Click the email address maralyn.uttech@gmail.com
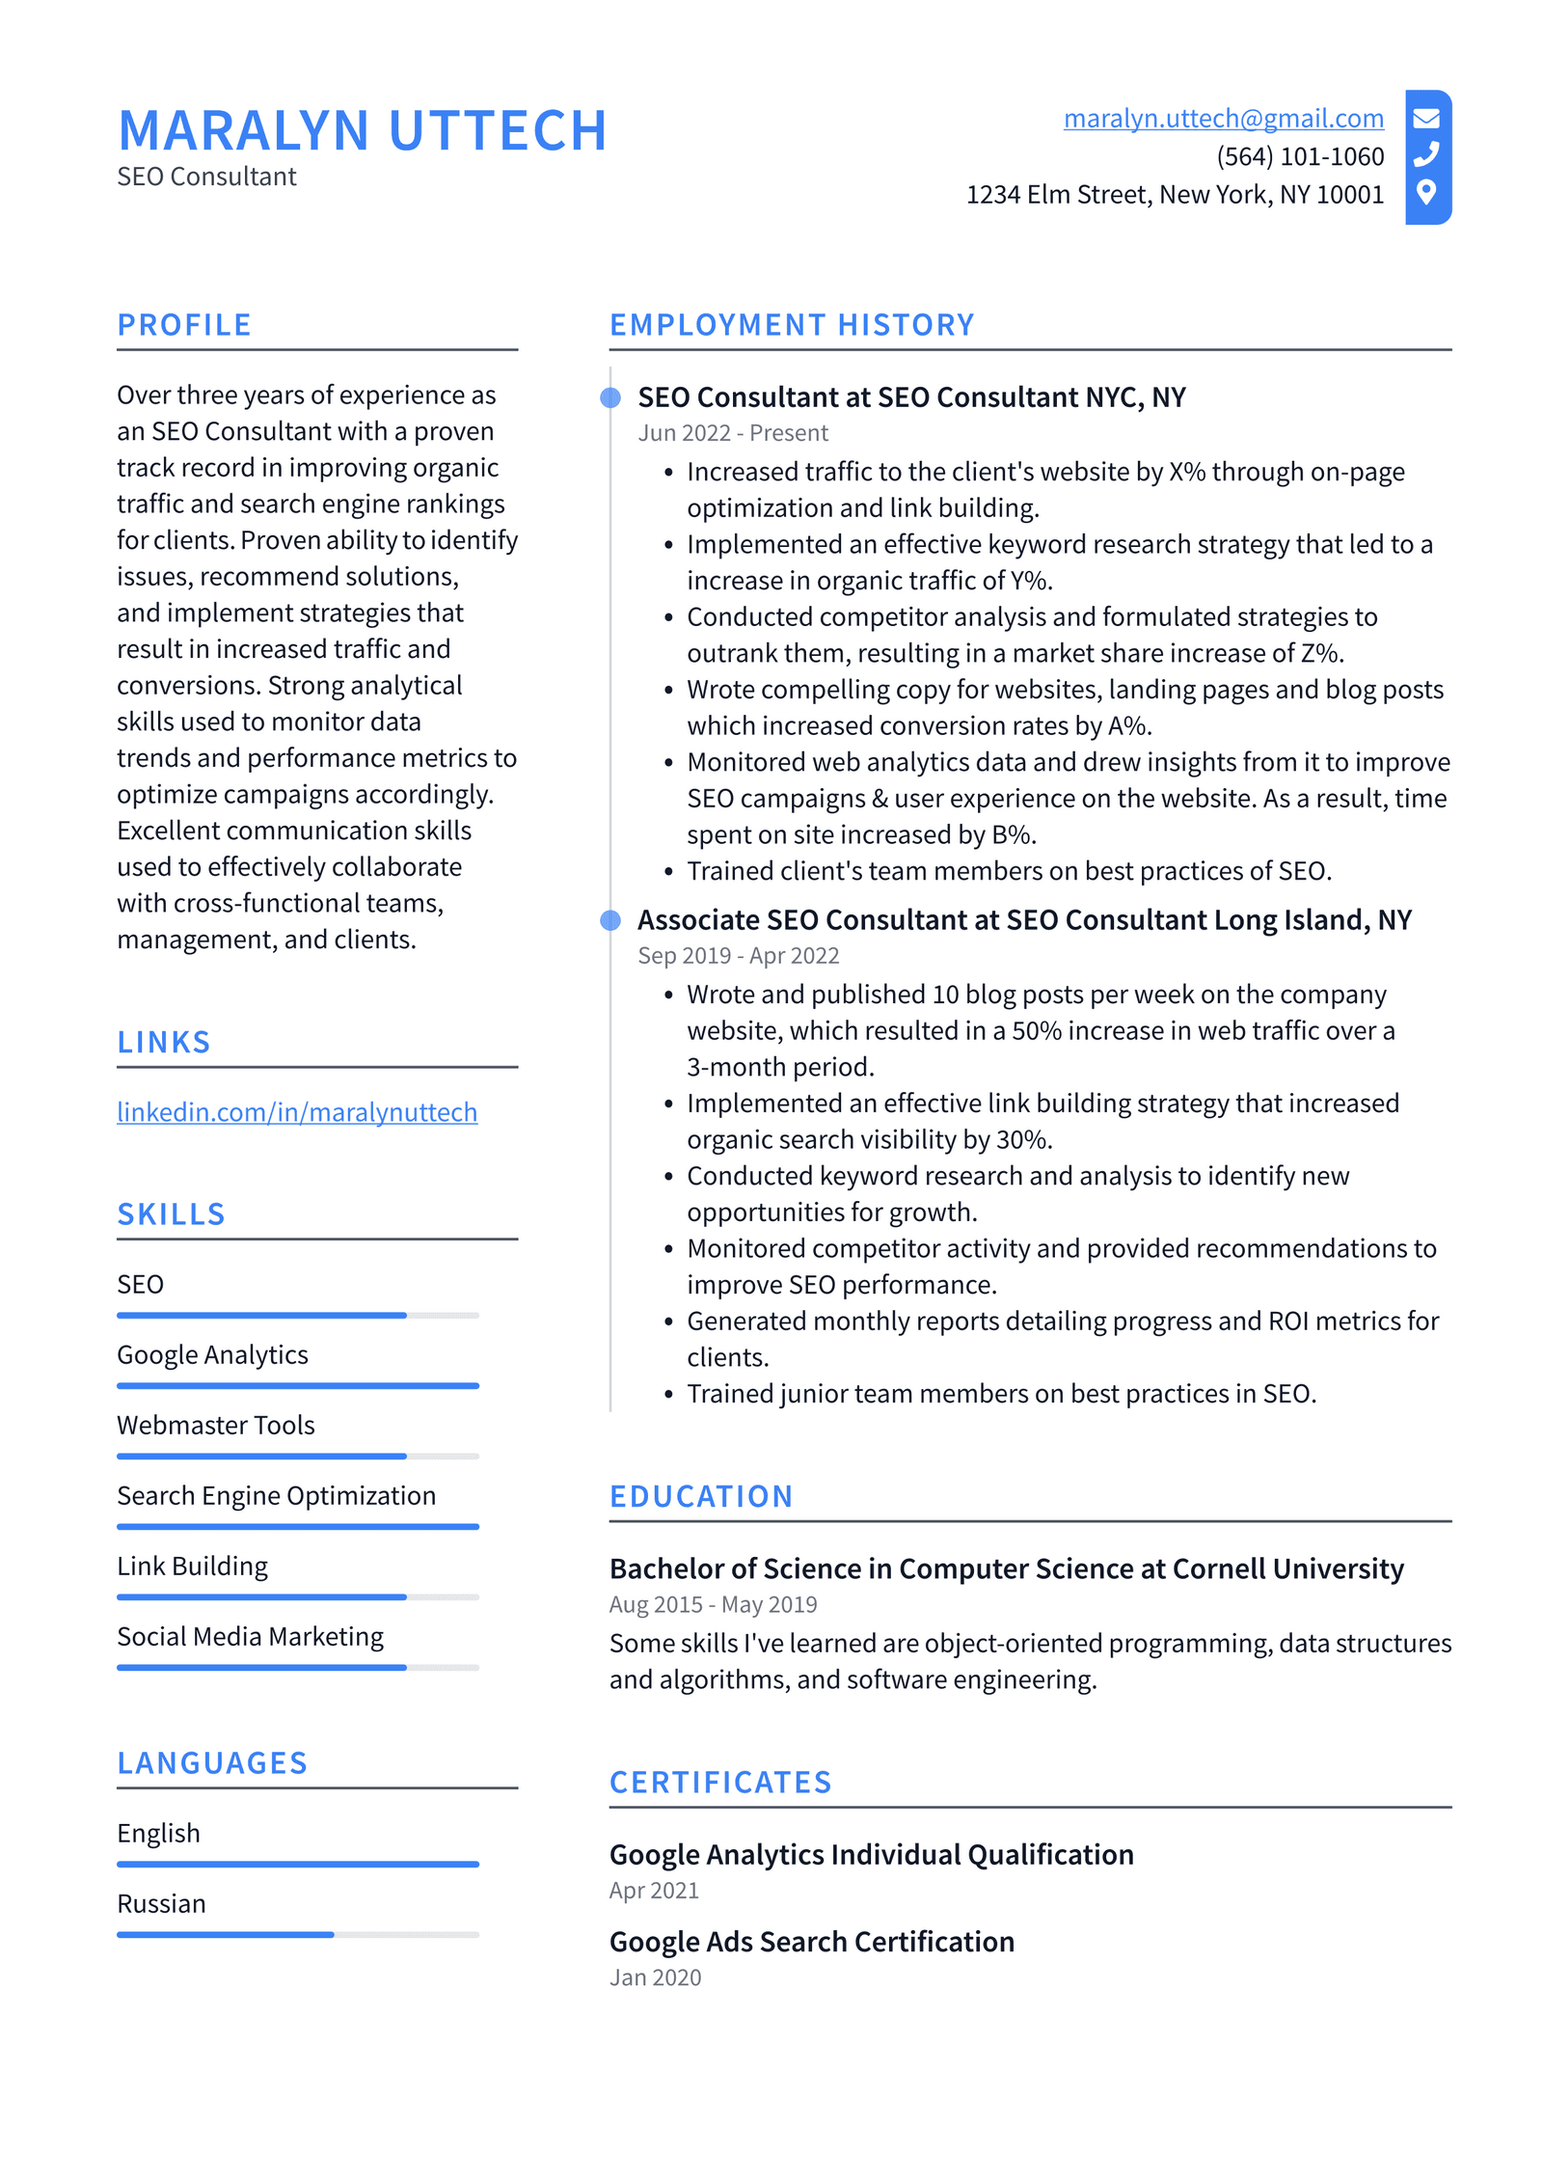click(x=1222, y=118)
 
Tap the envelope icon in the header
click(x=1425, y=118)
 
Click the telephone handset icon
click(x=1425, y=154)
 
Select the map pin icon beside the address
click(x=1425, y=192)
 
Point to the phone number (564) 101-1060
click(x=1299, y=156)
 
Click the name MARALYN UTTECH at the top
click(x=362, y=130)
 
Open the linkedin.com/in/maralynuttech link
click(x=296, y=1112)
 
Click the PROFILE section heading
click(x=184, y=325)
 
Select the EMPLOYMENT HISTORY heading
click(x=791, y=325)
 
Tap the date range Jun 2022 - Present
click(x=732, y=433)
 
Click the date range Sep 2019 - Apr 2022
click(x=738, y=956)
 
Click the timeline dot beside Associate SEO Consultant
click(x=610, y=920)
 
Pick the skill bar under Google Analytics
click(x=297, y=1386)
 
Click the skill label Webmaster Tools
click(x=215, y=1425)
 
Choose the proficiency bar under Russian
click(x=297, y=1934)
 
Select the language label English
click(x=158, y=1833)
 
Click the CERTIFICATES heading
click(x=719, y=1782)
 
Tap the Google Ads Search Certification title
click(x=811, y=1941)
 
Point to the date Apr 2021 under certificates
click(x=653, y=1891)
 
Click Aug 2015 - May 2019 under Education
click(x=713, y=1604)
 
